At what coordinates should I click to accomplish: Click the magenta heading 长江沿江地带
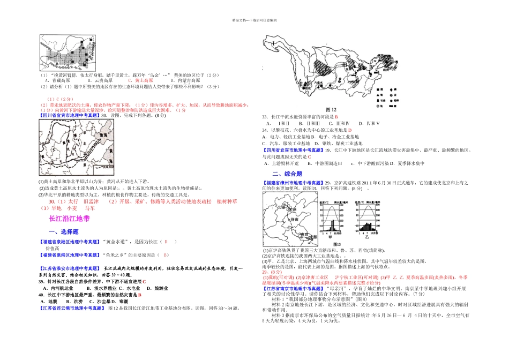(x=69, y=219)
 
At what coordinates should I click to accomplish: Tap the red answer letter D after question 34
(x=349, y=130)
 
